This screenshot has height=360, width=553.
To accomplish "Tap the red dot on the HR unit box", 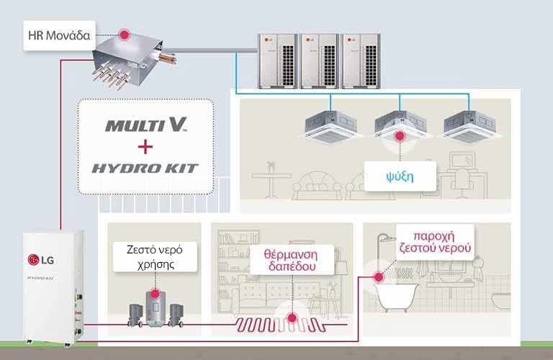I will (x=124, y=34).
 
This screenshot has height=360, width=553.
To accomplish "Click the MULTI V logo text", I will (x=146, y=125).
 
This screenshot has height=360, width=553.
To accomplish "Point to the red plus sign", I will (x=145, y=147).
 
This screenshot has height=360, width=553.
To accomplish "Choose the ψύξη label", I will (x=400, y=176).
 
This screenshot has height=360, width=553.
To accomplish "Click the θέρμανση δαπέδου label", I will (x=292, y=259).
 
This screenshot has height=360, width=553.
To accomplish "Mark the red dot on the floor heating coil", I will (x=292, y=317).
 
